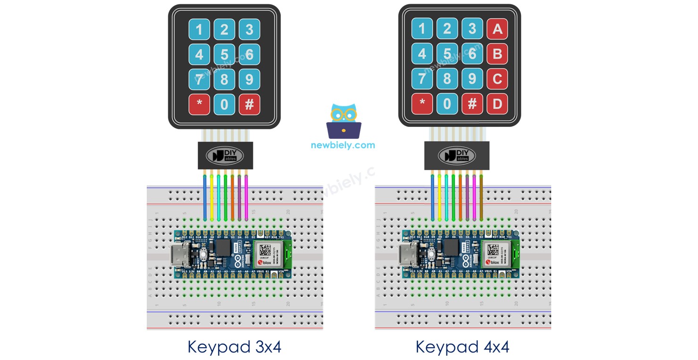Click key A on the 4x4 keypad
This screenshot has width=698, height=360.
click(x=497, y=29)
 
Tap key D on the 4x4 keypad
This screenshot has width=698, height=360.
click(x=497, y=104)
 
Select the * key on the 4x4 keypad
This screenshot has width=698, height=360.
click(x=422, y=104)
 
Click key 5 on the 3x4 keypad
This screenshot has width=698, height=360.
click(x=224, y=54)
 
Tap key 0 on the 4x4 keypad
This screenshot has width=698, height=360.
click(x=447, y=104)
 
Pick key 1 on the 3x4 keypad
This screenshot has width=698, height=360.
click(x=199, y=30)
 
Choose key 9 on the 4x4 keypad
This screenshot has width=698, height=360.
click(x=472, y=79)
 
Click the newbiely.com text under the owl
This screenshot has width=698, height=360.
click(x=343, y=145)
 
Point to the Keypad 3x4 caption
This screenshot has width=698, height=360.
click(x=235, y=347)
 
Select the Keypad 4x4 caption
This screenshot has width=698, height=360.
click(x=463, y=347)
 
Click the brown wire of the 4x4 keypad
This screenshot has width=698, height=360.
click(x=481, y=196)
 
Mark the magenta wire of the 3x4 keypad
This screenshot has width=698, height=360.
click(x=246, y=196)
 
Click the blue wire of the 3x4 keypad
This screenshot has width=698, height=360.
click(x=204, y=196)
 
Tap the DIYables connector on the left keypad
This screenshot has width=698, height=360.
click(x=225, y=155)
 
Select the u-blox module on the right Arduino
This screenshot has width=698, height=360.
click(x=494, y=254)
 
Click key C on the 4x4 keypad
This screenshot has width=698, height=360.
click(x=497, y=79)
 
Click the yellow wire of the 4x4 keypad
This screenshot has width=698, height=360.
click(x=439, y=196)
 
